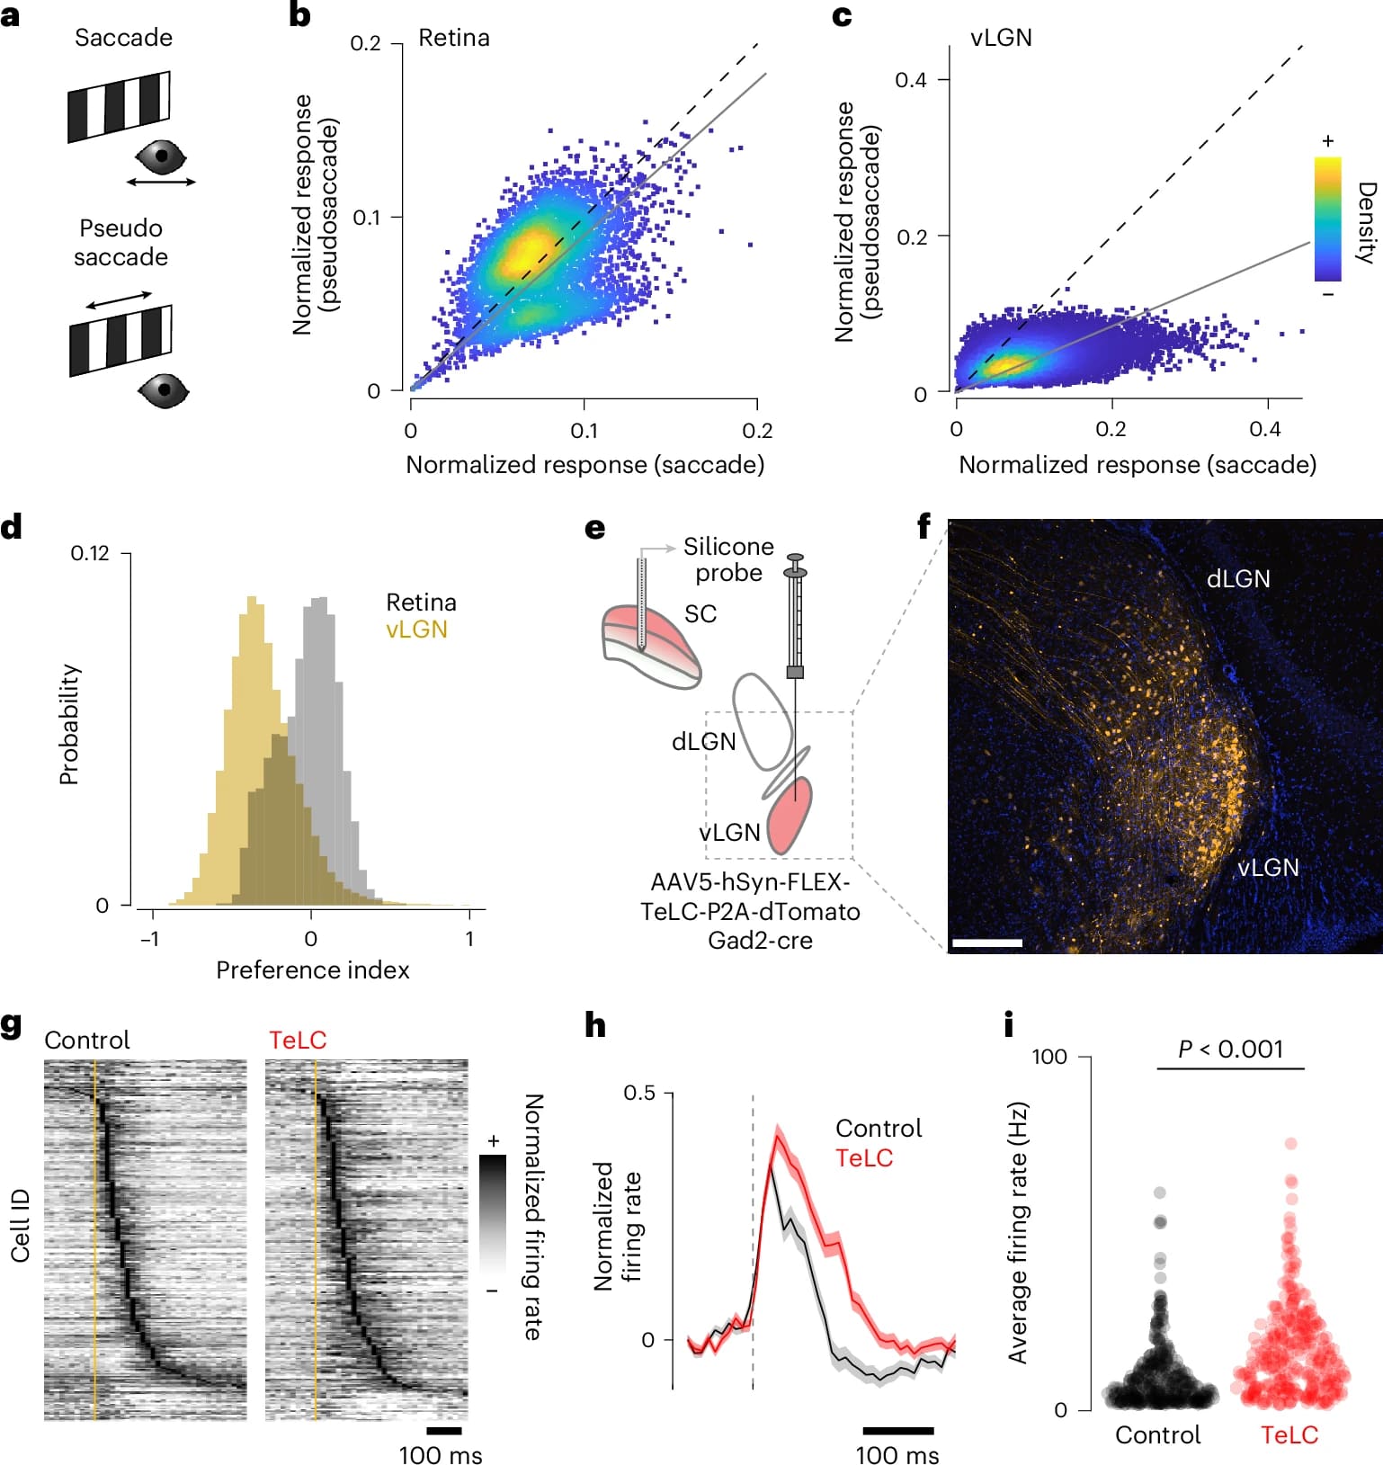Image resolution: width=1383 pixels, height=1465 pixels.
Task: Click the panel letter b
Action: pos(299,16)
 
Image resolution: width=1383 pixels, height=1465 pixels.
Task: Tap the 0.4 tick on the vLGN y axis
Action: pos(911,80)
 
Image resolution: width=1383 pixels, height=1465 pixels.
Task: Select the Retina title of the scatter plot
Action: pos(454,38)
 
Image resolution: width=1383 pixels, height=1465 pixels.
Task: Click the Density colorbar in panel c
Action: pos(1327,219)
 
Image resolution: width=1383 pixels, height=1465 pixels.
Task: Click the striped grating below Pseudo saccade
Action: pos(120,341)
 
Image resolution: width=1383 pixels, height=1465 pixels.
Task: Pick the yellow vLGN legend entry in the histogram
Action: pos(416,630)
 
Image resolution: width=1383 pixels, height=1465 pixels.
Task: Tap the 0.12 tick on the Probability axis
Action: pos(90,553)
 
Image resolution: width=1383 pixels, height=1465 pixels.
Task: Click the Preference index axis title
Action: pos(313,969)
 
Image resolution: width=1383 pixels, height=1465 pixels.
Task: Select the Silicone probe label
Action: pos(728,559)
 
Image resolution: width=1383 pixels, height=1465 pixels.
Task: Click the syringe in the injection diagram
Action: pos(795,621)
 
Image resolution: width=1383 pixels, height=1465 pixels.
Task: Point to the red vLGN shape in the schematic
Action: pos(790,815)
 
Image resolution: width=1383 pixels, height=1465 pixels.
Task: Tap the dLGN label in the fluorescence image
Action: pos(1238,579)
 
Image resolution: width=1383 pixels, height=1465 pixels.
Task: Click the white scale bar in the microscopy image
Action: pos(986,942)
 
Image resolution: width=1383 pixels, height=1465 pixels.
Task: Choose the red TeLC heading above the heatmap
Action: pos(298,1041)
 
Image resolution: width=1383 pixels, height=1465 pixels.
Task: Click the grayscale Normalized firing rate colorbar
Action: pos(492,1213)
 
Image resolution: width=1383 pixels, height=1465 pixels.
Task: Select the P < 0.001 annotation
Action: pos(1230,1050)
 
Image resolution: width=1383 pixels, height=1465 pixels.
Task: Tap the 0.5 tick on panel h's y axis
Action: pos(639,1093)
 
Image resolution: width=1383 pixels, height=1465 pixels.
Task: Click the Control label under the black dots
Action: pos(1157,1434)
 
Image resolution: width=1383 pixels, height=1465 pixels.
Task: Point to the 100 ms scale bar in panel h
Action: pos(897,1430)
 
